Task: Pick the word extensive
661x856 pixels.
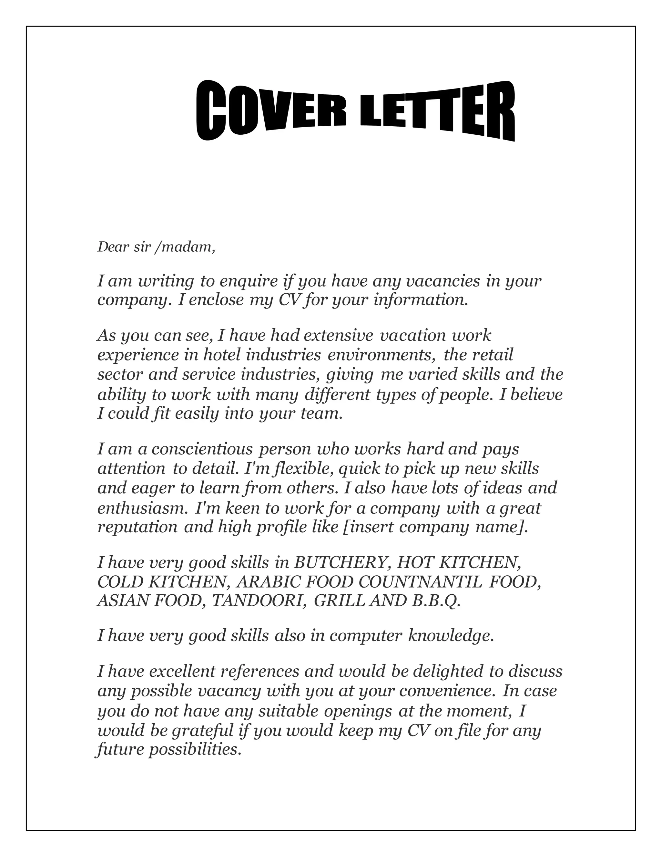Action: (x=338, y=336)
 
